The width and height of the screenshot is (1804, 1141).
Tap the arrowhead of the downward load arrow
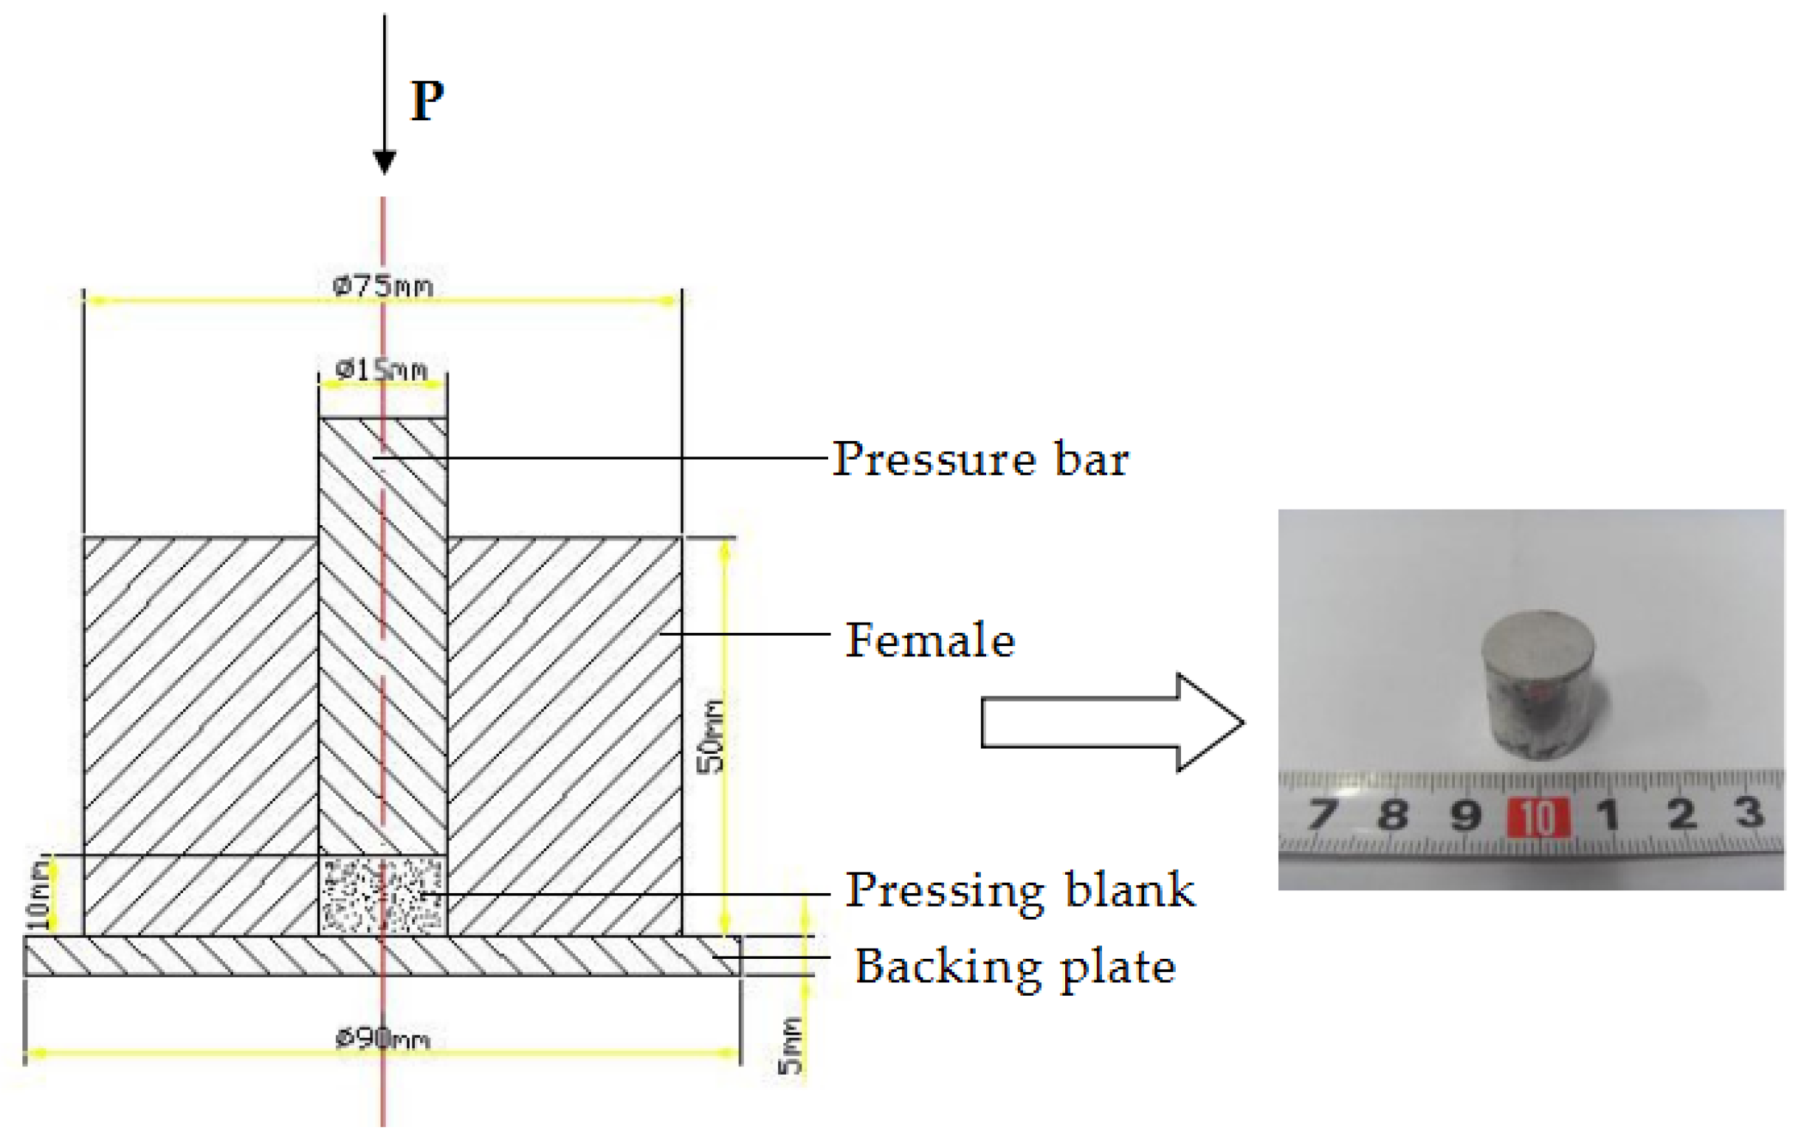click(385, 161)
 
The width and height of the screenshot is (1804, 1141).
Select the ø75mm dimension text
click(383, 286)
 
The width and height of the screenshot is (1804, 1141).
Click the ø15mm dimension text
click(382, 370)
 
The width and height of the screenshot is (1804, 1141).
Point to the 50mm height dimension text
click(711, 737)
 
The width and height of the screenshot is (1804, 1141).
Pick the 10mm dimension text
click(39, 895)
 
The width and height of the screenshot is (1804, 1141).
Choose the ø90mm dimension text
click(382, 1039)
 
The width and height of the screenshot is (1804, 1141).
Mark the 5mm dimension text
click(790, 1045)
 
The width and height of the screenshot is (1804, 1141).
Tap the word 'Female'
click(930, 640)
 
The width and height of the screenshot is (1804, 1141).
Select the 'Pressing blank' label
click(1019, 890)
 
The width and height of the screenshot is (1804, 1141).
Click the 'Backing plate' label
click(1015, 966)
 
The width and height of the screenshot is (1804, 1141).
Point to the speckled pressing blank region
click(383, 896)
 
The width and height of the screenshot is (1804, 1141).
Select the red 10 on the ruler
click(1538, 816)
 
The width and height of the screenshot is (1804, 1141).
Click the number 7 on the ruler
click(1322, 814)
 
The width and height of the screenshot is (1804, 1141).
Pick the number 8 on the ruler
click(1393, 814)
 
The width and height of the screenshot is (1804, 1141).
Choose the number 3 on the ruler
click(1750, 812)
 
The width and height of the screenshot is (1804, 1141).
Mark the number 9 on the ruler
click(1464, 815)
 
